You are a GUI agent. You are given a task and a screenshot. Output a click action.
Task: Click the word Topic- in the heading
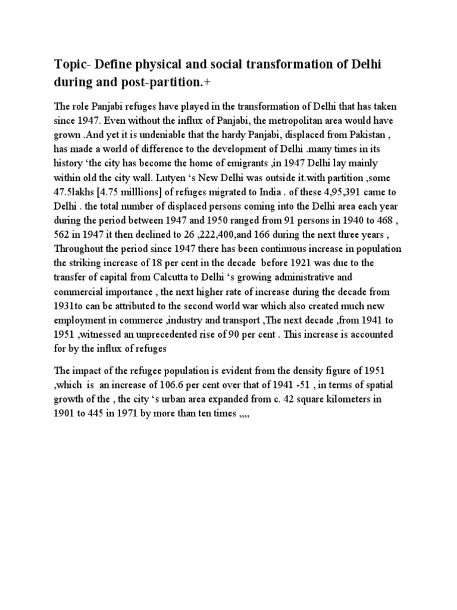(x=71, y=64)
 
